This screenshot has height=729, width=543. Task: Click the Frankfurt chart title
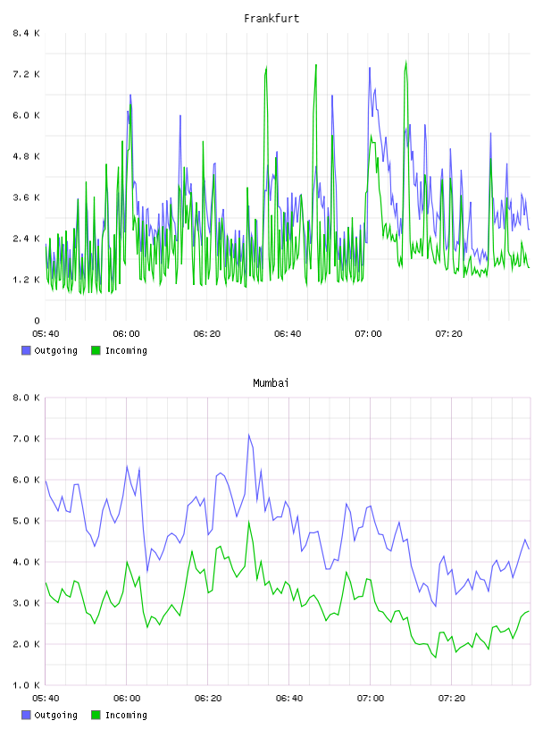(x=271, y=19)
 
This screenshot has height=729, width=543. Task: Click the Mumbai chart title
(x=271, y=383)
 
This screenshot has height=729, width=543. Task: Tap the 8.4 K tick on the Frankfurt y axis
(x=27, y=33)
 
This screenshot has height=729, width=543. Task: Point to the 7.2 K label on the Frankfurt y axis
(x=27, y=74)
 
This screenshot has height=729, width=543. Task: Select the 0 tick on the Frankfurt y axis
(x=37, y=321)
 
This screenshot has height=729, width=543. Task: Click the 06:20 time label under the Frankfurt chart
(x=207, y=334)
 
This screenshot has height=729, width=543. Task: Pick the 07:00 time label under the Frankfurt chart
(x=368, y=334)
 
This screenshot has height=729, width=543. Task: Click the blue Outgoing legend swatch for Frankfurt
(x=26, y=350)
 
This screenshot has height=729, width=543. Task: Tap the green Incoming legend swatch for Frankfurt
(x=96, y=350)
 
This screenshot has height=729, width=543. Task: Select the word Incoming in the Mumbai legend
(x=126, y=715)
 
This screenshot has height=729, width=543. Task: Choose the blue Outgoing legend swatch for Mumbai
(x=26, y=715)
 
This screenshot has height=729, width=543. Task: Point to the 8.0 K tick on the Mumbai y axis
(x=27, y=398)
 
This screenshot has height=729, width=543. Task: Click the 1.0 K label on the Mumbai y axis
(x=27, y=685)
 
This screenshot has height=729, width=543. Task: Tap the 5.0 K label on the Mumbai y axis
(x=27, y=521)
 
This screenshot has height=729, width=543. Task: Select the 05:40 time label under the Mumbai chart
(x=46, y=699)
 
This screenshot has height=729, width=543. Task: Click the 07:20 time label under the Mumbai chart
(x=451, y=699)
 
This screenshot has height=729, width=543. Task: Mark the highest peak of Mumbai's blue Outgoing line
(x=248, y=435)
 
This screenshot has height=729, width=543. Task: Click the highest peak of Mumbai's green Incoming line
(x=248, y=522)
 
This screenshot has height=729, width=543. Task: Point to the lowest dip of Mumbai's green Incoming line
(x=436, y=658)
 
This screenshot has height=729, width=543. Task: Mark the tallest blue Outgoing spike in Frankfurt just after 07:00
(x=370, y=68)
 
